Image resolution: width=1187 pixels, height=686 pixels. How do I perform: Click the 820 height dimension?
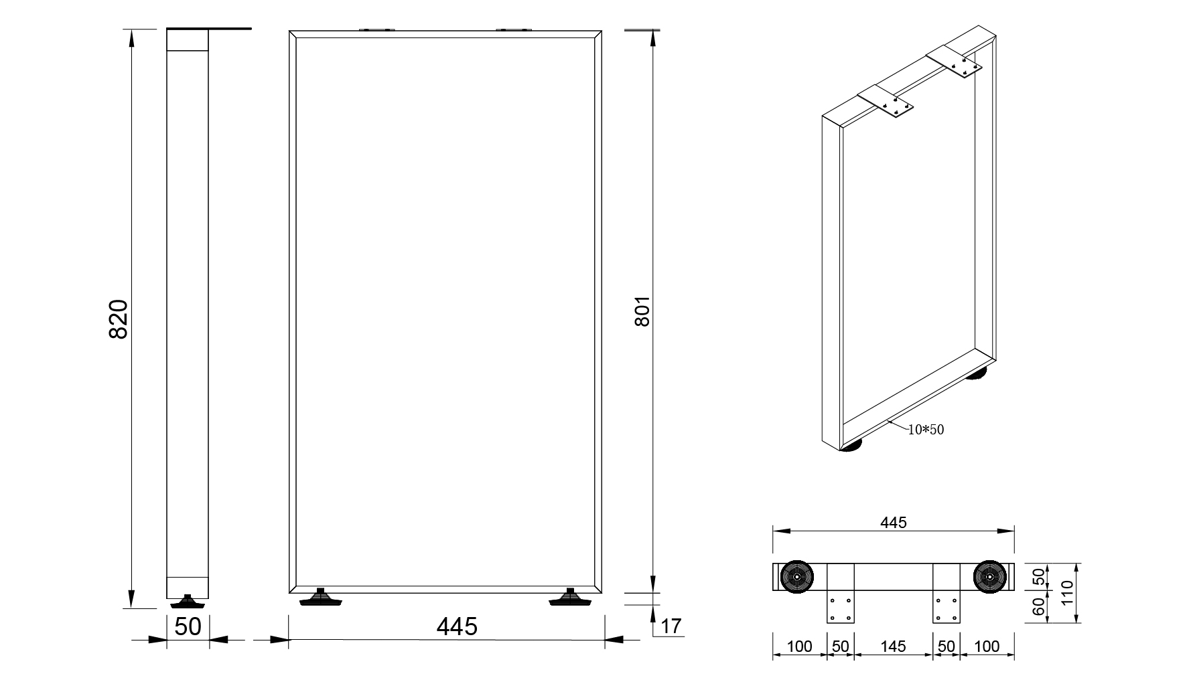pos(118,319)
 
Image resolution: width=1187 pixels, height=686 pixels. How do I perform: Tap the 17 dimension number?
pos(671,626)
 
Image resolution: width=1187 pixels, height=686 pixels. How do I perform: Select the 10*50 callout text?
pos(926,430)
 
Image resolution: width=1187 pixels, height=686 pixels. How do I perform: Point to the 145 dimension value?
pos(893,647)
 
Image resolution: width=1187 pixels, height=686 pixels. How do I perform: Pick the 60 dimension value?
pos(1038,607)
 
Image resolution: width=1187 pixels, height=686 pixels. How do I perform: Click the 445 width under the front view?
pos(457,626)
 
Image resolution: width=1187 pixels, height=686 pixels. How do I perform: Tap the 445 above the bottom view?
pos(893,522)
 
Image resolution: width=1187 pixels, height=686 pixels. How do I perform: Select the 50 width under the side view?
pos(188,626)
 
